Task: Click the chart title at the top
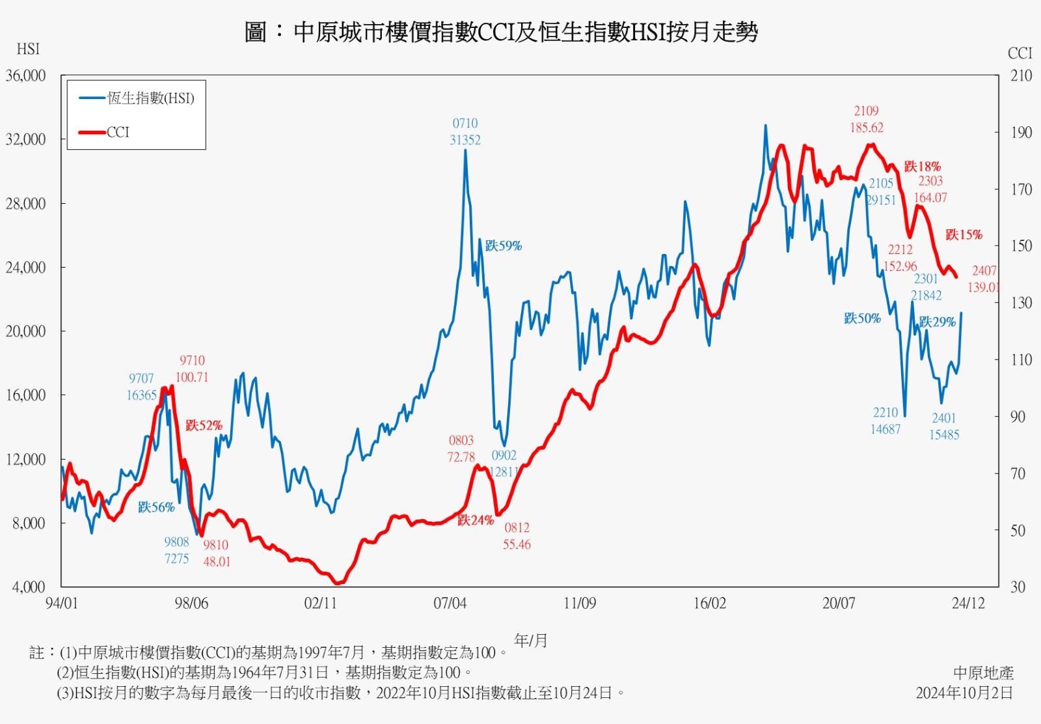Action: [x=501, y=32]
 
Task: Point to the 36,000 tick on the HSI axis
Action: [x=25, y=76]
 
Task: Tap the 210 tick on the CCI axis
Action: [x=1021, y=76]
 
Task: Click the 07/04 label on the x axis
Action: [x=450, y=604]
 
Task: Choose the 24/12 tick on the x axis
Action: [x=968, y=604]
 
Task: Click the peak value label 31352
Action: [x=465, y=140]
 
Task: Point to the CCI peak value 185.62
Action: [x=867, y=128]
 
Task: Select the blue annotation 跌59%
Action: [x=503, y=246]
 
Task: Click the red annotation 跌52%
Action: [x=204, y=425]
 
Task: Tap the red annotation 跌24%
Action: [x=476, y=520]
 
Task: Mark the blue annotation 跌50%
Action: [x=862, y=318]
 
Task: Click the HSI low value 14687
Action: [x=886, y=429]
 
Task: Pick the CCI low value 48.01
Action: [x=217, y=561]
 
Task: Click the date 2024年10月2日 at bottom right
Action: [x=964, y=693]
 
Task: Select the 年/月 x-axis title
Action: [x=531, y=641]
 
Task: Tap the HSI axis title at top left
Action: [x=28, y=49]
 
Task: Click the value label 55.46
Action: [x=517, y=544]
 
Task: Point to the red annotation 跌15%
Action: [x=964, y=234]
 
